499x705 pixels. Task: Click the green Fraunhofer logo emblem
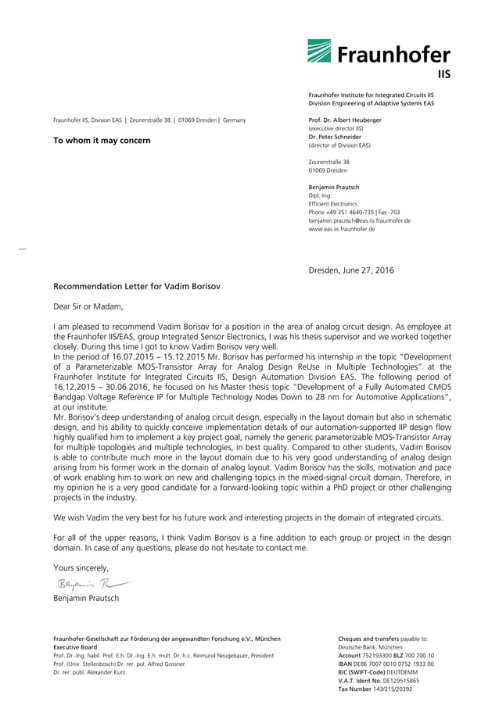click(319, 52)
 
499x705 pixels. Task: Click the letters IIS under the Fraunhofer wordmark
click(443, 74)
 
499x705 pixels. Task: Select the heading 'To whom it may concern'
click(102, 141)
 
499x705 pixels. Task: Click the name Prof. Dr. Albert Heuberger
click(346, 120)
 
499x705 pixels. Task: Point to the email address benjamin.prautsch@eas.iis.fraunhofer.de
click(360, 220)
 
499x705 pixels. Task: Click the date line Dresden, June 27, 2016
click(351, 270)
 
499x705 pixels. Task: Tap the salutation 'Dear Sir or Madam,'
click(88, 306)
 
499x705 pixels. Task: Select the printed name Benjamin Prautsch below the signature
click(86, 598)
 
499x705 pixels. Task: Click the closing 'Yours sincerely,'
click(81, 567)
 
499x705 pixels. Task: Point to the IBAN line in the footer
click(386, 664)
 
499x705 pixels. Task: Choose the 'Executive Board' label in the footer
click(75, 647)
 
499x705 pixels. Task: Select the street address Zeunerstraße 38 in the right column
click(329, 162)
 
